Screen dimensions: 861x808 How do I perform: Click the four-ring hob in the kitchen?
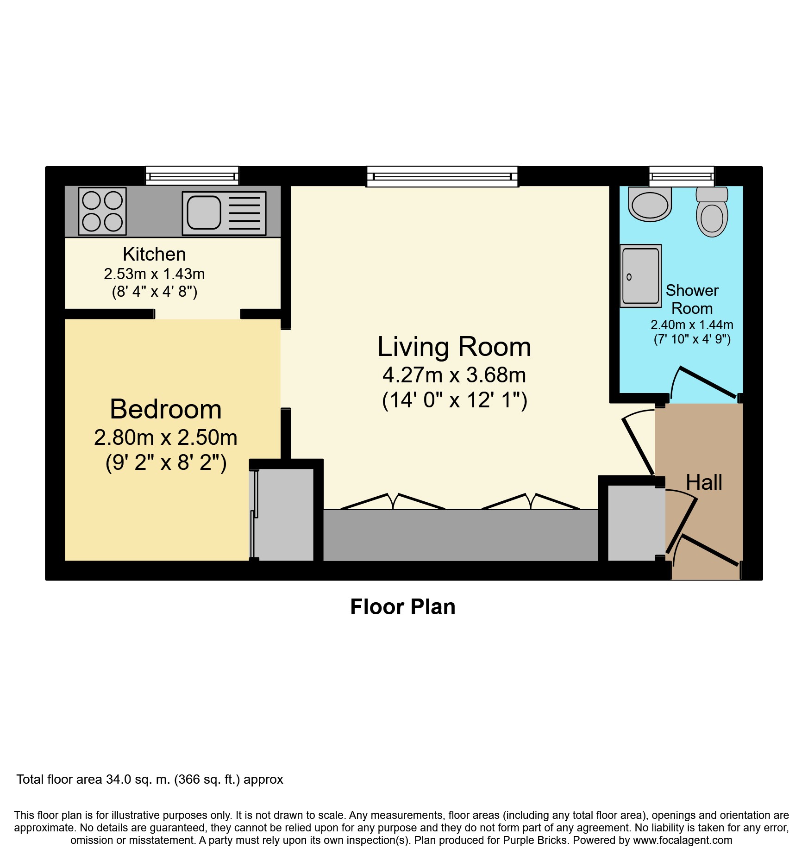pos(102,211)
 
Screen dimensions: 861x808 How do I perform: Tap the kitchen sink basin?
pos(204,212)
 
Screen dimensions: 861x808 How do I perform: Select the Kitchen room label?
pos(154,254)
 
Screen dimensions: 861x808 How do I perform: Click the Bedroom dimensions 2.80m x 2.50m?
pos(165,437)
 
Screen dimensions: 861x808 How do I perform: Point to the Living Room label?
pos(454,347)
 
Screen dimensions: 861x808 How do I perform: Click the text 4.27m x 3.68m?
pos(454,375)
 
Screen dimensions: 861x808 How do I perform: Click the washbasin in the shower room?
pos(650,204)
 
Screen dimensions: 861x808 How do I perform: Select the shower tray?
pos(640,276)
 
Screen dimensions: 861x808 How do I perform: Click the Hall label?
pos(703,482)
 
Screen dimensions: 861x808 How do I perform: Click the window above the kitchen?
pos(192,176)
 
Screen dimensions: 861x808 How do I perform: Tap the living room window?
pos(442,176)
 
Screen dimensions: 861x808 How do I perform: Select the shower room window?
pos(681,176)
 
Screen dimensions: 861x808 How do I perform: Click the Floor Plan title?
pos(402,607)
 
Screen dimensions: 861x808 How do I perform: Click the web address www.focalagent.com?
pos(683,840)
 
